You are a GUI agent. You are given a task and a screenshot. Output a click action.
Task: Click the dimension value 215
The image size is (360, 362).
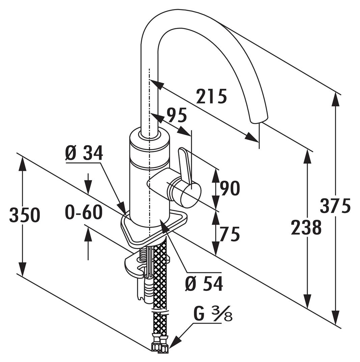(x=212, y=97)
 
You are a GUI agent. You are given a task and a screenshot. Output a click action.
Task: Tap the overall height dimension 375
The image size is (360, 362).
(x=335, y=206)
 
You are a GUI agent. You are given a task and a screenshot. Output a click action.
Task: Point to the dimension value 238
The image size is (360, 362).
(x=306, y=228)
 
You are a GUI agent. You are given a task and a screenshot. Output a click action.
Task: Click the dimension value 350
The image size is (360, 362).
(x=24, y=215)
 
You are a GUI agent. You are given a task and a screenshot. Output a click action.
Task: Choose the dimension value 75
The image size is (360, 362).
(x=230, y=234)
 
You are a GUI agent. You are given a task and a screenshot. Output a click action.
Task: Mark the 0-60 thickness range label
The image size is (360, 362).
(x=83, y=213)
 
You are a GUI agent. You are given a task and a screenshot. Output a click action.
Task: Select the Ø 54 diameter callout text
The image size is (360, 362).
(x=204, y=284)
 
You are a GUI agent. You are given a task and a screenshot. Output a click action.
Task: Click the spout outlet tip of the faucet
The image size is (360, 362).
(x=259, y=120)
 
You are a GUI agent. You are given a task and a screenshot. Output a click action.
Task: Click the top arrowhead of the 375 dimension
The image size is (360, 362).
(x=335, y=97)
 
